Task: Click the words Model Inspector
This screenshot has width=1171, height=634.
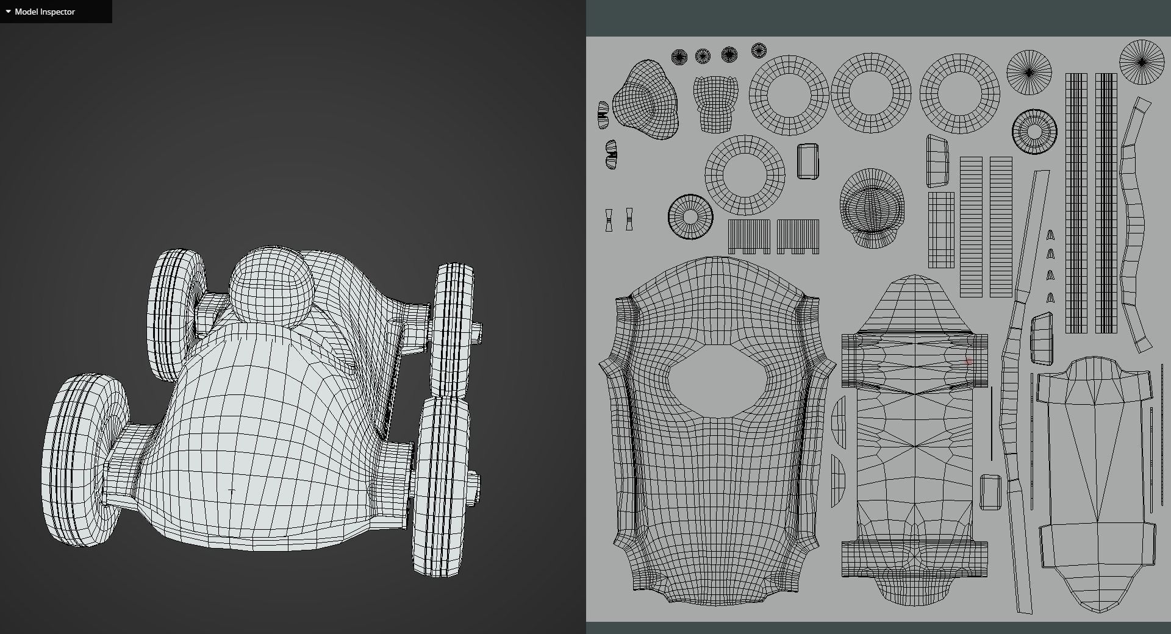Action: coord(45,12)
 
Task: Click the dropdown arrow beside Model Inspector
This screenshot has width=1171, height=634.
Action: coord(8,12)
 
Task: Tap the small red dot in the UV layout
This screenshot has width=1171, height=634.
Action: coord(969,361)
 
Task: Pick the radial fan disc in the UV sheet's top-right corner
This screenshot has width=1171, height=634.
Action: coord(1142,62)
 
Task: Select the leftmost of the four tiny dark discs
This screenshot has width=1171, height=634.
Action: coord(679,57)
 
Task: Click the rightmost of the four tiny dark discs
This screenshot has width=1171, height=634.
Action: coord(759,51)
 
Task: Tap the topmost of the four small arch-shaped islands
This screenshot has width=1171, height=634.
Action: coord(1050,235)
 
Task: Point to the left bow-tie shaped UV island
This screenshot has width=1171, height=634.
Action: coord(609,219)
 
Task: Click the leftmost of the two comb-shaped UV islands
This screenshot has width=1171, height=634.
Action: coord(749,237)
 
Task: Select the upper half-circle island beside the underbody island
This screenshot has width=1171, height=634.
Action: coord(839,421)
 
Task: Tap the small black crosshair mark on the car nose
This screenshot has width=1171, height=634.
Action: coord(231,490)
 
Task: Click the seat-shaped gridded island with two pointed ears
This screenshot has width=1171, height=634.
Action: coord(715,102)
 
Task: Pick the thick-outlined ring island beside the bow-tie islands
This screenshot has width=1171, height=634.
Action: coord(690,216)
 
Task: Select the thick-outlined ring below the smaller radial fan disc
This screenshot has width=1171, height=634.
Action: coord(1034,132)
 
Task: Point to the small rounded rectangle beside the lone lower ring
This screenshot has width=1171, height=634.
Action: coord(808,162)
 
